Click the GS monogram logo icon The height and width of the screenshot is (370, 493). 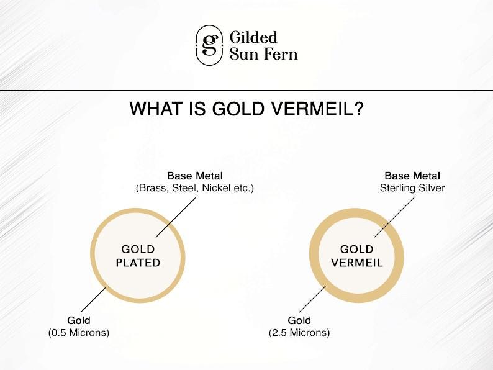[x=209, y=45]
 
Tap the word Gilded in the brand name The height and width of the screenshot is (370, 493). [x=253, y=37]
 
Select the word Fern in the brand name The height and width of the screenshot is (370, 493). [x=281, y=54]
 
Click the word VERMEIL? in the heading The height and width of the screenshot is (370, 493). [x=317, y=109]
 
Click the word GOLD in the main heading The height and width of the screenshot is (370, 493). [x=238, y=109]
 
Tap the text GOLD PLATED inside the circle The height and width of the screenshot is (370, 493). [x=138, y=256]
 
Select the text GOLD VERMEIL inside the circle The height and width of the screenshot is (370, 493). [x=357, y=256]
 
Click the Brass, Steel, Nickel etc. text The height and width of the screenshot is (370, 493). [x=194, y=188]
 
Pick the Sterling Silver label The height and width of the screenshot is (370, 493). [x=412, y=188]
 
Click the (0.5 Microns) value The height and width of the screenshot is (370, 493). [x=79, y=333]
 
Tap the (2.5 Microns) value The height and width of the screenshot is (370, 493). [x=299, y=333]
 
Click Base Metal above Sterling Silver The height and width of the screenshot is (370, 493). [x=412, y=176]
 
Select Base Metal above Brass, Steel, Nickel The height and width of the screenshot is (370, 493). [x=194, y=176]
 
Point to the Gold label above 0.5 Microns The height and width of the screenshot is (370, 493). [x=79, y=320]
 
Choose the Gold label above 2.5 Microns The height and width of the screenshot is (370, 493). [x=299, y=320]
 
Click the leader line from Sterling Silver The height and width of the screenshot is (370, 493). [x=394, y=217]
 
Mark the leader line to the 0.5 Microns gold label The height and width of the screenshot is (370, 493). [x=94, y=300]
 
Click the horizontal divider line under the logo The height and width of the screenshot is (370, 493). [x=246, y=91]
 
